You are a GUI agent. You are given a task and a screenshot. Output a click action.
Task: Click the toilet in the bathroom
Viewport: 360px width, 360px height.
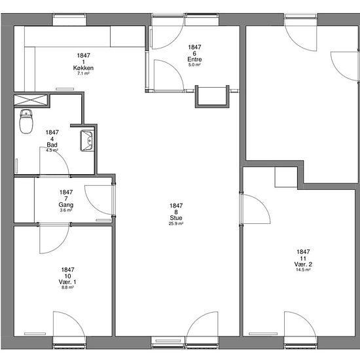pyautogui.click(x=26, y=121)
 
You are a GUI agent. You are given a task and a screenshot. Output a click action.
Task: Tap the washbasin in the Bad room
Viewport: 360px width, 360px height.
pyautogui.click(x=87, y=141)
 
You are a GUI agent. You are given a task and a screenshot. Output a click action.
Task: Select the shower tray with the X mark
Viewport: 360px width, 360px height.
pyautogui.click(x=31, y=100)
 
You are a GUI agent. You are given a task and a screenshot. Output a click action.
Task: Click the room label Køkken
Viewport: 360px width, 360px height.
pyautogui.click(x=83, y=67)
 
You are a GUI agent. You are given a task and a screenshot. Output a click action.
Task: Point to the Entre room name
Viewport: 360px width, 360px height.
pyautogui.click(x=194, y=59)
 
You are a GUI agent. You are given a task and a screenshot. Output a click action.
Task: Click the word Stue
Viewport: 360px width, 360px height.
pyautogui.click(x=176, y=218)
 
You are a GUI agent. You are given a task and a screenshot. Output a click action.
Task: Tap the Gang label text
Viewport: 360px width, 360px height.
pyautogui.click(x=66, y=205)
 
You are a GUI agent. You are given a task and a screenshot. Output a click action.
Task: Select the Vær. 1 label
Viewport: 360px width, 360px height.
pyautogui.click(x=67, y=281)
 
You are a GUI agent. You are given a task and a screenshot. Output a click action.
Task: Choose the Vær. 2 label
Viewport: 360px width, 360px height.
pyautogui.click(x=303, y=264)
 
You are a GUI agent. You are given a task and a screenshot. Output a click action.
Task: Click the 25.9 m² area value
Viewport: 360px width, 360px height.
pyautogui.click(x=176, y=224)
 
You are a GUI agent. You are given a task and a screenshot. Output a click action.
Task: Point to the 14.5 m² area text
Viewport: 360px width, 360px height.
pyautogui.click(x=303, y=270)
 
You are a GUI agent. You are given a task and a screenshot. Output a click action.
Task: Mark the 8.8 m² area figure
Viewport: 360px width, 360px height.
pyautogui.click(x=67, y=287)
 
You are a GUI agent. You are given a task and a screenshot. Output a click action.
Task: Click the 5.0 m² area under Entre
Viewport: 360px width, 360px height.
pyautogui.click(x=194, y=65)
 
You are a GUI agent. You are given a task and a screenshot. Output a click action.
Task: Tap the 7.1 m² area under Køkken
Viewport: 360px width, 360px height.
pyautogui.click(x=83, y=73)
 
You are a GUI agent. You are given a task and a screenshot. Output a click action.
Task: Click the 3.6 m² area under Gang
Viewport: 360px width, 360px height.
pyautogui.click(x=66, y=210)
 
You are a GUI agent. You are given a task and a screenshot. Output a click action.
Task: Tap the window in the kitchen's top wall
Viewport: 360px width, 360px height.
pyautogui.click(x=69, y=20)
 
